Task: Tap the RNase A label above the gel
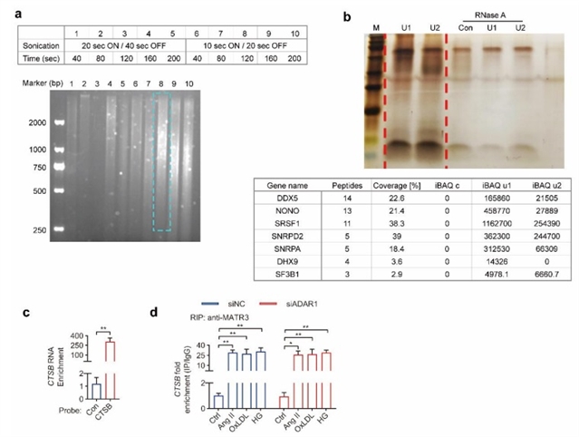click(497, 9)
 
